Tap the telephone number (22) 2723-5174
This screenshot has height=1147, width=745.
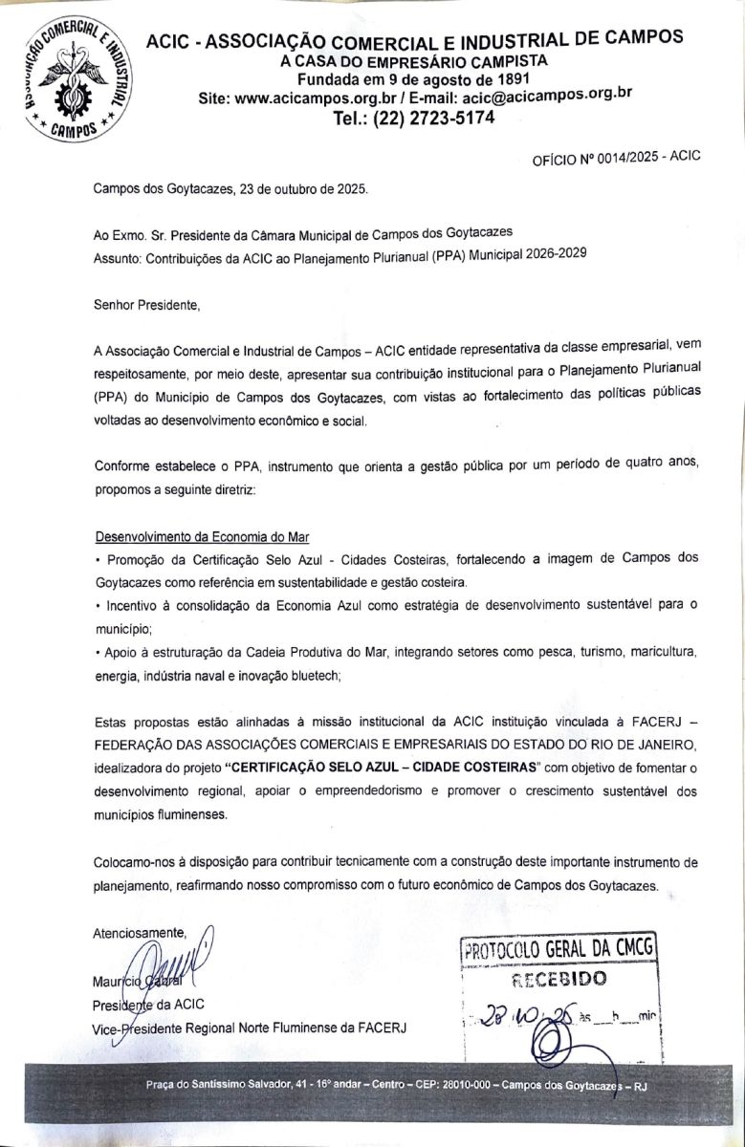click(x=413, y=119)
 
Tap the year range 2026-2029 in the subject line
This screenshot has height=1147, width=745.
click(x=549, y=255)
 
